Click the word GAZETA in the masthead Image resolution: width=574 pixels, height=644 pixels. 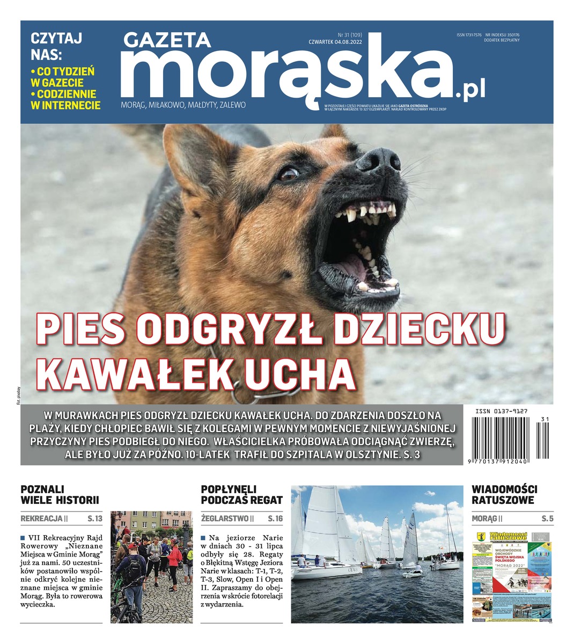click(x=167, y=40)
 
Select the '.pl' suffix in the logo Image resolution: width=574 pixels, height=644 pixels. click(x=470, y=92)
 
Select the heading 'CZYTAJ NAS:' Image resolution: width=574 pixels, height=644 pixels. click(x=56, y=46)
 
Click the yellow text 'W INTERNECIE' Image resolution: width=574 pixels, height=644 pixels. click(x=65, y=105)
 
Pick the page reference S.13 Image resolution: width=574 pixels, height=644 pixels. click(x=94, y=518)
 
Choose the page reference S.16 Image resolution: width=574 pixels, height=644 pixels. click(x=275, y=518)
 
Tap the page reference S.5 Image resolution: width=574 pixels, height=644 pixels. click(x=547, y=518)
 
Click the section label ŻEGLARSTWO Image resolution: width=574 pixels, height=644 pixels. click(x=224, y=518)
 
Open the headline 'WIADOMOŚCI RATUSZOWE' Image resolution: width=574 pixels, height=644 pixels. click(x=504, y=495)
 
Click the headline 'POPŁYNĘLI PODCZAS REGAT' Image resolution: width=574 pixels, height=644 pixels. click(x=241, y=495)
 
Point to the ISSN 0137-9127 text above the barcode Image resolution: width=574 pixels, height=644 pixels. click(x=501, y=411)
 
